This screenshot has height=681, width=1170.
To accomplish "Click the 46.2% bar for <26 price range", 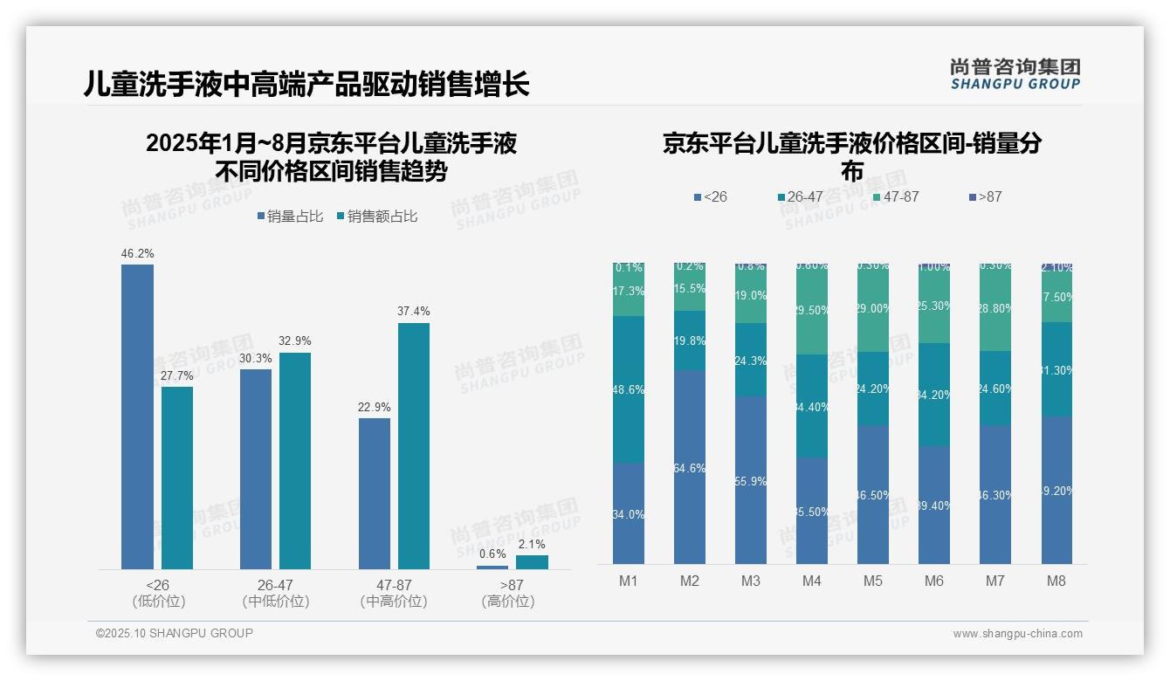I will [x=137, y=416].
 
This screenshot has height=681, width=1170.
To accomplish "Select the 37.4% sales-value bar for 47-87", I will [x=414, y=446].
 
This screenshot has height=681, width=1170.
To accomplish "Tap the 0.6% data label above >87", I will [x=492, y=554].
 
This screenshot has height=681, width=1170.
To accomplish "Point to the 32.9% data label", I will [x=295, y=340].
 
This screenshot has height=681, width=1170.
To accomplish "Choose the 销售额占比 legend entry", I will [x=376, y=217].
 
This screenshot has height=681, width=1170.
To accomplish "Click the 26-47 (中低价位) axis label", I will [x=275, y=593].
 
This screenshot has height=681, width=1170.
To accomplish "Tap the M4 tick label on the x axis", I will [x=811, y=581].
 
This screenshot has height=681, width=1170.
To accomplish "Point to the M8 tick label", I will [x=1056, y=581].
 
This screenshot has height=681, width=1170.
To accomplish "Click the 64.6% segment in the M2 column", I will [x=689, y=467].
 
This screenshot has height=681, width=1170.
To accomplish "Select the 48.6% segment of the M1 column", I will [x=628, y=389].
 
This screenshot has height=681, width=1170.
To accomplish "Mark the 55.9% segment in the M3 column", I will [x=750, y=479].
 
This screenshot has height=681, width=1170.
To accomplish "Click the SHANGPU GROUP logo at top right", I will [x=1015, y=74].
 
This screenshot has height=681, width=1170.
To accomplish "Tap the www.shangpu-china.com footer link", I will [x=1017, y=634].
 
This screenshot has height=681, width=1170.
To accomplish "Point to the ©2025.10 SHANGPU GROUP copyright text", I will [x=175, y=633].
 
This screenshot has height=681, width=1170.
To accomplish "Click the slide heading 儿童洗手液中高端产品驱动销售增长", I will [x=306, y=85].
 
